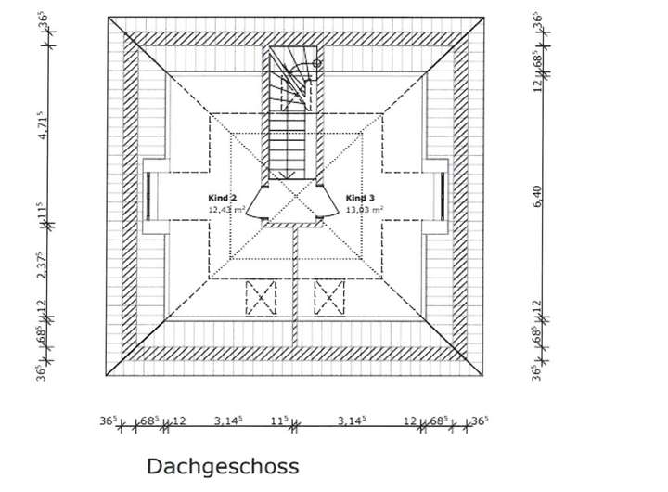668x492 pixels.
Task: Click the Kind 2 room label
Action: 223,199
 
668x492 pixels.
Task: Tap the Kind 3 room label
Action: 360,199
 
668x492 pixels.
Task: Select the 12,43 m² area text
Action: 226,211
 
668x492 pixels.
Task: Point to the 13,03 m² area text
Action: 365,211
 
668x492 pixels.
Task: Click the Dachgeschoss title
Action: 223,465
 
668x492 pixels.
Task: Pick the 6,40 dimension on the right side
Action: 536,197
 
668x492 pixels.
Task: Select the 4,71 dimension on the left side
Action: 41,126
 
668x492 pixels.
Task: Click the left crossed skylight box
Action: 261,298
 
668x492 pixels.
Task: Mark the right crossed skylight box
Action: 329,298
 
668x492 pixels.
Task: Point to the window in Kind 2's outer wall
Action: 148,196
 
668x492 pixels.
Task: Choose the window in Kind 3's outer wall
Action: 443,196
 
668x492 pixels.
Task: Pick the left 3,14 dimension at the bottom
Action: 228,421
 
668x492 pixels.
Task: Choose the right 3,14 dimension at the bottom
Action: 350,421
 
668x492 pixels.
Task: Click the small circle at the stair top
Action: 317,63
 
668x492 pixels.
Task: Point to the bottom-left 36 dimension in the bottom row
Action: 109,421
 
